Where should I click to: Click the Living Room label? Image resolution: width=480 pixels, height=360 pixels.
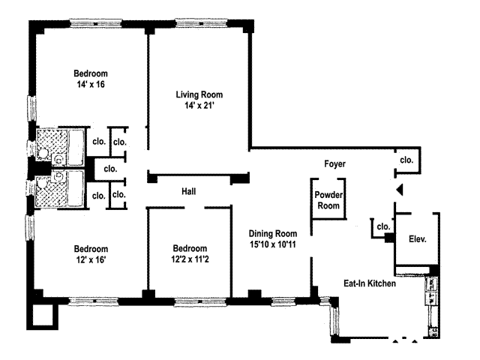199,94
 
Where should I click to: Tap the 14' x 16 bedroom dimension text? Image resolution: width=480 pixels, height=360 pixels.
91,85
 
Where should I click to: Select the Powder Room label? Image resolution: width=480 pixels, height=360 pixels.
328,200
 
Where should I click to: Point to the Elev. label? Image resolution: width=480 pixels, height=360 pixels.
418,238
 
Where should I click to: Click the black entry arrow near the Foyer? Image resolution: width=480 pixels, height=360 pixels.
400,190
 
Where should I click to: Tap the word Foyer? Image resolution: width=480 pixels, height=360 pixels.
335,163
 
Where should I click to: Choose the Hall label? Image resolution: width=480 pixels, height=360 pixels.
188,192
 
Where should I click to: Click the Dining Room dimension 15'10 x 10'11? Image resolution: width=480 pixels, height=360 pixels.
273,244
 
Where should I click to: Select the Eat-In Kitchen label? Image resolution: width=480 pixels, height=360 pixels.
370,283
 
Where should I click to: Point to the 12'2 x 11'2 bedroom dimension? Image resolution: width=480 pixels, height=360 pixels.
190,259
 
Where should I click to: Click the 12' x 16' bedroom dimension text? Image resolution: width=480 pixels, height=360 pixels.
91,259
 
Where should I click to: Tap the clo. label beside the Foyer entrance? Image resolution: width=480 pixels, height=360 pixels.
406,160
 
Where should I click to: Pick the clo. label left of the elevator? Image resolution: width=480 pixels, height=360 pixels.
383,226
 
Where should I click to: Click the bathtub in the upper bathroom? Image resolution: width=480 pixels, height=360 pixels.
76,147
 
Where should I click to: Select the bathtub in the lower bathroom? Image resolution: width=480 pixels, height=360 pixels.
76,188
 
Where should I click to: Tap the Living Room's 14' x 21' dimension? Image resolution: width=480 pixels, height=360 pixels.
199,106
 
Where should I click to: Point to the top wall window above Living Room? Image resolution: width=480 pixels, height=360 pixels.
201,23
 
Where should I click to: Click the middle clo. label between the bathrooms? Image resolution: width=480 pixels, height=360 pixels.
110,169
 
